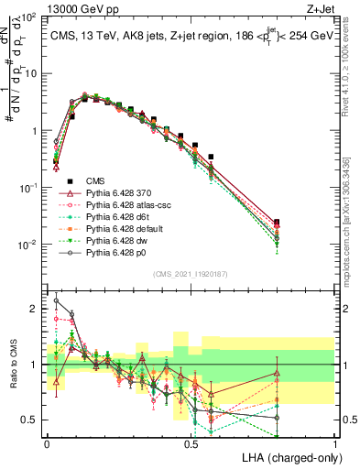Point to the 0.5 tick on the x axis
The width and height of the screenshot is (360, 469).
(x=191, y=443)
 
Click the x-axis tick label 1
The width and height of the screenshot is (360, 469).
(x=335, y=443)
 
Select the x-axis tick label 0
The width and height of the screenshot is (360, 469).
(x=47, y=443)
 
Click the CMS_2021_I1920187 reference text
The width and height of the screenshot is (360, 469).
(x=190, y=273)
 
